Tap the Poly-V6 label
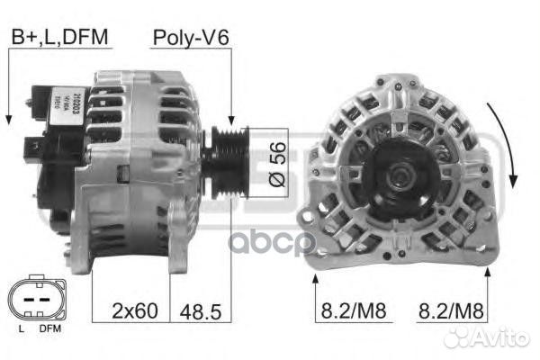pos(190,37)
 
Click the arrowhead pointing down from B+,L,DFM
pos(8,119)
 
